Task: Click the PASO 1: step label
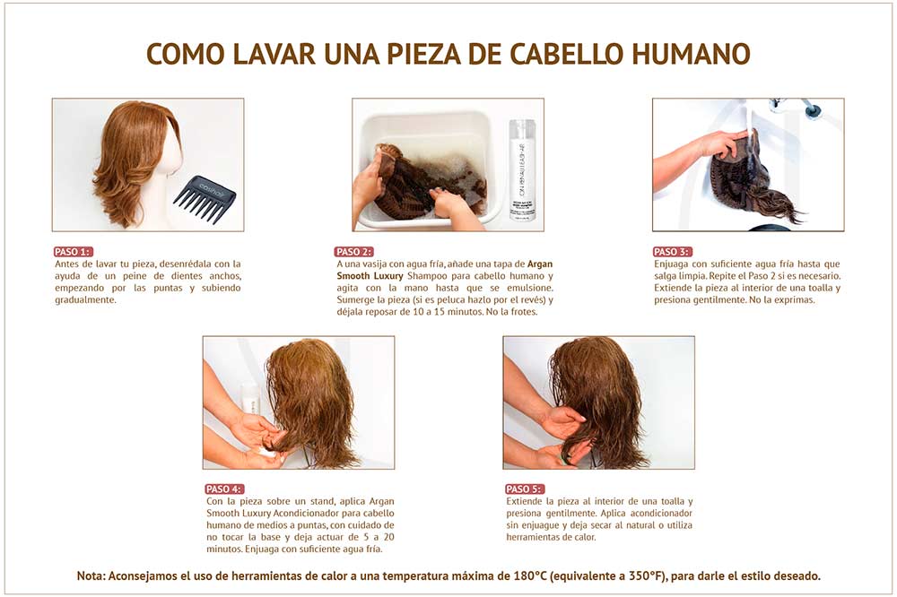point(73,252)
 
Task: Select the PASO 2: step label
point(354,252)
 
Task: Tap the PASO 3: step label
point(672,252)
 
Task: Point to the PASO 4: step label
point(224,489)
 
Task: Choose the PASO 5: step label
point(524,489)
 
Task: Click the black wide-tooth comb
point(205,198)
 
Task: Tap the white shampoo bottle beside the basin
point(522,169)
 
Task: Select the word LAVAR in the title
point(275,54)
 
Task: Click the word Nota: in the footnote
point(91,575)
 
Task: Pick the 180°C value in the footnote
point(530,575)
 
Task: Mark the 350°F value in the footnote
point(649,575)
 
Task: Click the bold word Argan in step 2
point(540,264)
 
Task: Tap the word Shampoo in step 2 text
point(424,276)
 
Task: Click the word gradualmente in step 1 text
point(84,300)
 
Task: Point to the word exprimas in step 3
point(794,300)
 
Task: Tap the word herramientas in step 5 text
point(534,537)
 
